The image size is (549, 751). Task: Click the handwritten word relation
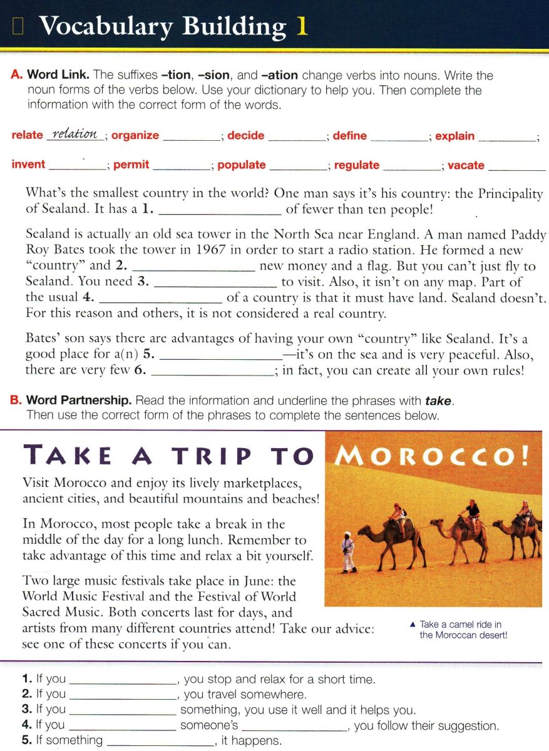(x=75, y=135)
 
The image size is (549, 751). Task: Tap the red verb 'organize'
(x=135, y=136)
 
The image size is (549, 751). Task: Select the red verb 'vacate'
(x=466, y=166)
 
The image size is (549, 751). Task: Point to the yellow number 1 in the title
(x=302, y=26)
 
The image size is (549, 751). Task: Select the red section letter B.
(x=16, y=401)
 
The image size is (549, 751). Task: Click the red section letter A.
(x=16, y=76)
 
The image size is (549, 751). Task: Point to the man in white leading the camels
(x=348, y=551)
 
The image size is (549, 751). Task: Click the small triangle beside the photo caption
(x=412, y=624)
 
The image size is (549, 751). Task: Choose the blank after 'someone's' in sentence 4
(x=294, y=726)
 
